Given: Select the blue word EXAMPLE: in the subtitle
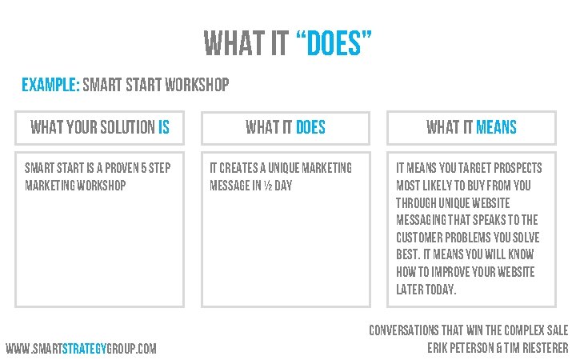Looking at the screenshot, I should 50,85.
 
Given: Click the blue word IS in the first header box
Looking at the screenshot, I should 164,127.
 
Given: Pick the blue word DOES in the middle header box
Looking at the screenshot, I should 310,127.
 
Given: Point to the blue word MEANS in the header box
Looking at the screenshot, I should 496,127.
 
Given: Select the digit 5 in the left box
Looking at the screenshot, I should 146,169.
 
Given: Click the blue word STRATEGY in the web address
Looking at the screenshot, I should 84,349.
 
